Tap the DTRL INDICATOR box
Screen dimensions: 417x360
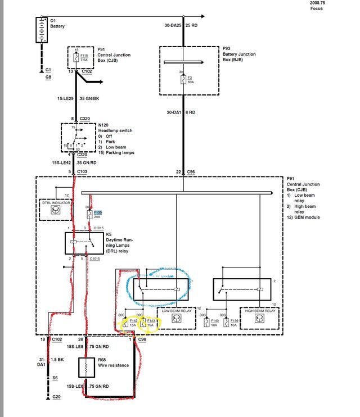tap(55, 208)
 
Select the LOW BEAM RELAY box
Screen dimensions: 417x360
tap(177, 317)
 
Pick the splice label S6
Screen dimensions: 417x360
tap(55, 378)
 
